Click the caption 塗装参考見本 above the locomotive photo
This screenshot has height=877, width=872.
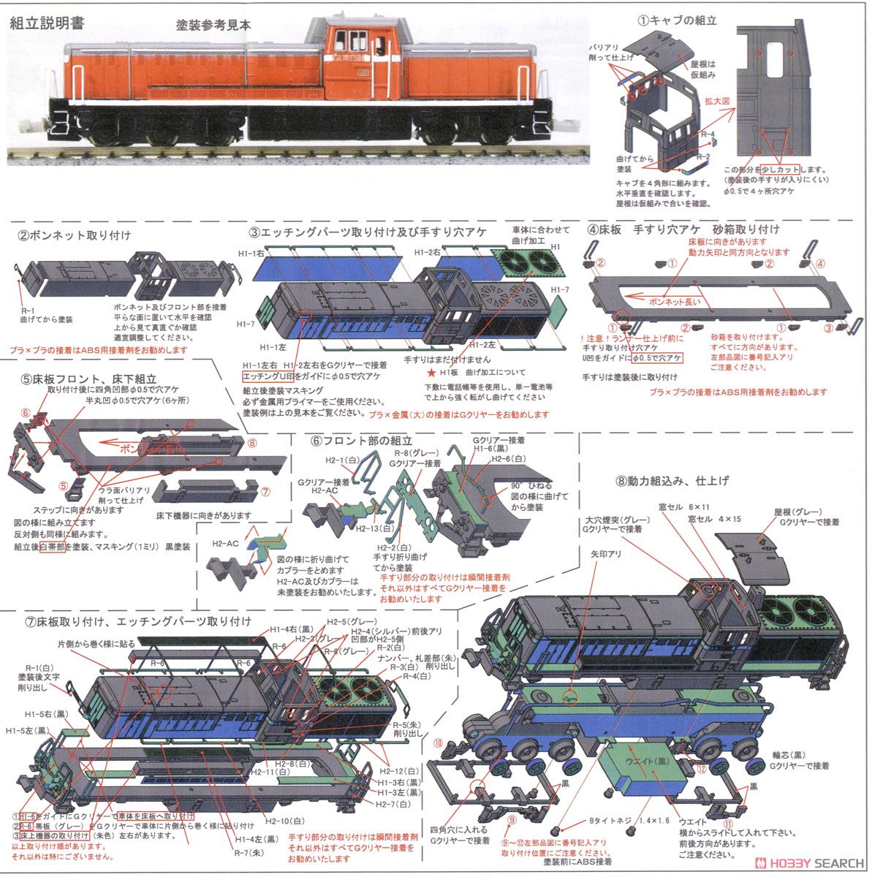(x=213, y=24)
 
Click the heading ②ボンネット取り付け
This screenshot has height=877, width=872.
(x=75, y=235)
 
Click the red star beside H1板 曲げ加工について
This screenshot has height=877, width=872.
(x=431, y=371)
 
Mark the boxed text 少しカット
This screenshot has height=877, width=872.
(x=781, y=169)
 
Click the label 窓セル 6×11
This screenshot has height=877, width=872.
(x=708, y=507)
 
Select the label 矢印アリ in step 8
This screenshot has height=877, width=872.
(x=602, y=555)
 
